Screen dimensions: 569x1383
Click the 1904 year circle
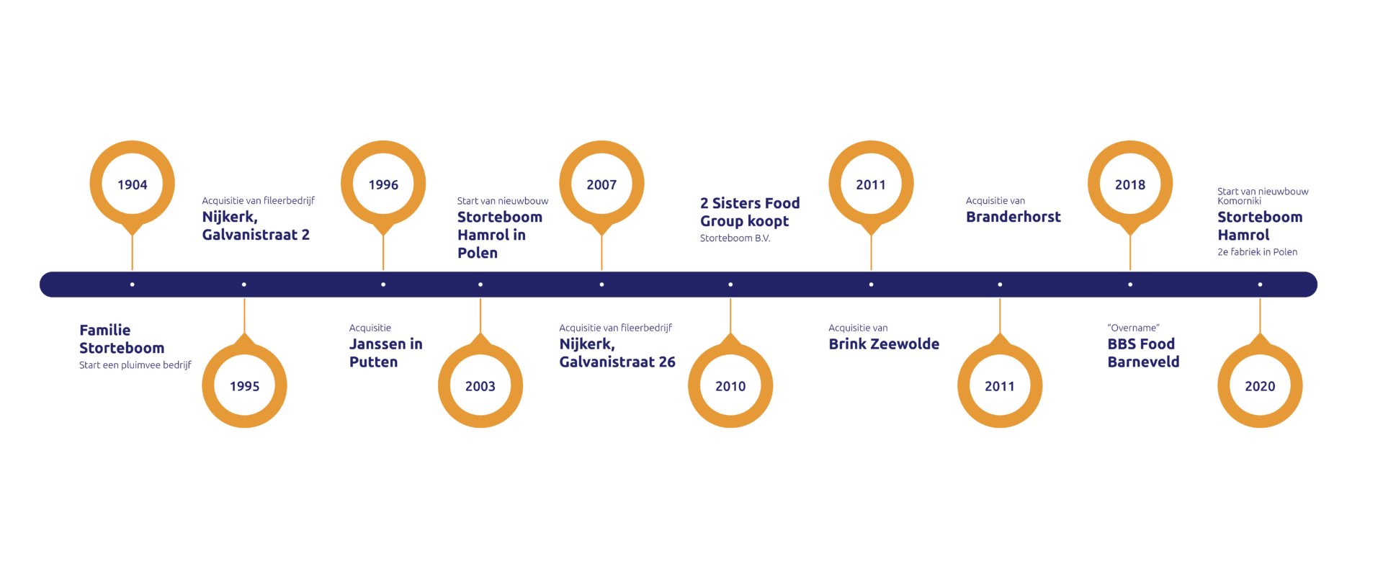click(x=133, y=184)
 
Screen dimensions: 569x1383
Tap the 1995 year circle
click(x=244, y=386)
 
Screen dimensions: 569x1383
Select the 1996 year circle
click(x=383, y=184)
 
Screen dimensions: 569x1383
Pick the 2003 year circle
click(x=480, y=386)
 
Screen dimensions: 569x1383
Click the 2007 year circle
click(x=601, y=184)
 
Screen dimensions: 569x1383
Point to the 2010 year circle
click(x=730, y=386)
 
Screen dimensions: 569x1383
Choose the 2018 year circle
click(x=1130, y=184)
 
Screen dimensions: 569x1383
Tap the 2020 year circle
click(x=1260, y=386)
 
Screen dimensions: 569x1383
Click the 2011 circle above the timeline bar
click(x=871, y=184)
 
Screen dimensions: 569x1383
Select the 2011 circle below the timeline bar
click(x=1000, y=386)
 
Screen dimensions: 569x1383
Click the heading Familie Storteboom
click(x=121, y=339)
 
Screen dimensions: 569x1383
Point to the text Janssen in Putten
click(x=385, y=353)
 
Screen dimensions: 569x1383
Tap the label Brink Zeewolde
click(x=884, y=344)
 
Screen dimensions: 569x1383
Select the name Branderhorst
click(x=1013, y=217)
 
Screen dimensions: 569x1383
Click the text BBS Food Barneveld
click(x=1142, y=353)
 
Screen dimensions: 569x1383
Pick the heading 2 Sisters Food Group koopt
click(x=749, y=212)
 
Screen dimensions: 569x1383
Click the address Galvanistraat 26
click(x=617, y=362)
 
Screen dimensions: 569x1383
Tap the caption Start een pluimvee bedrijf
click(x=135, y=365)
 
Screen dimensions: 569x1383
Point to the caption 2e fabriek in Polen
click(x=1257, y=252)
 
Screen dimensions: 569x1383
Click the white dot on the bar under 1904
click(x=133, y=284)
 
